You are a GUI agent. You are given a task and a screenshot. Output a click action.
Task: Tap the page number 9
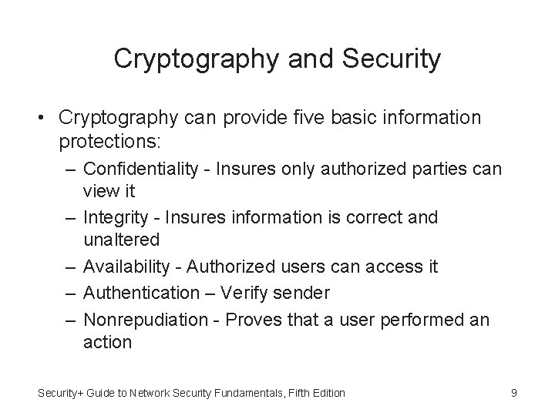513,394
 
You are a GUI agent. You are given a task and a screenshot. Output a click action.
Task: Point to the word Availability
126,267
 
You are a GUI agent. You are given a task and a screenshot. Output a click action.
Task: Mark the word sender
301,293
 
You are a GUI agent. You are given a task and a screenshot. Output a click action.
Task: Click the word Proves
251,318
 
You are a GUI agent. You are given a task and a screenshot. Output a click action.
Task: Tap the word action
108,341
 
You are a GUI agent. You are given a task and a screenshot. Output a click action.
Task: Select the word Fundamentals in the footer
246,394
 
